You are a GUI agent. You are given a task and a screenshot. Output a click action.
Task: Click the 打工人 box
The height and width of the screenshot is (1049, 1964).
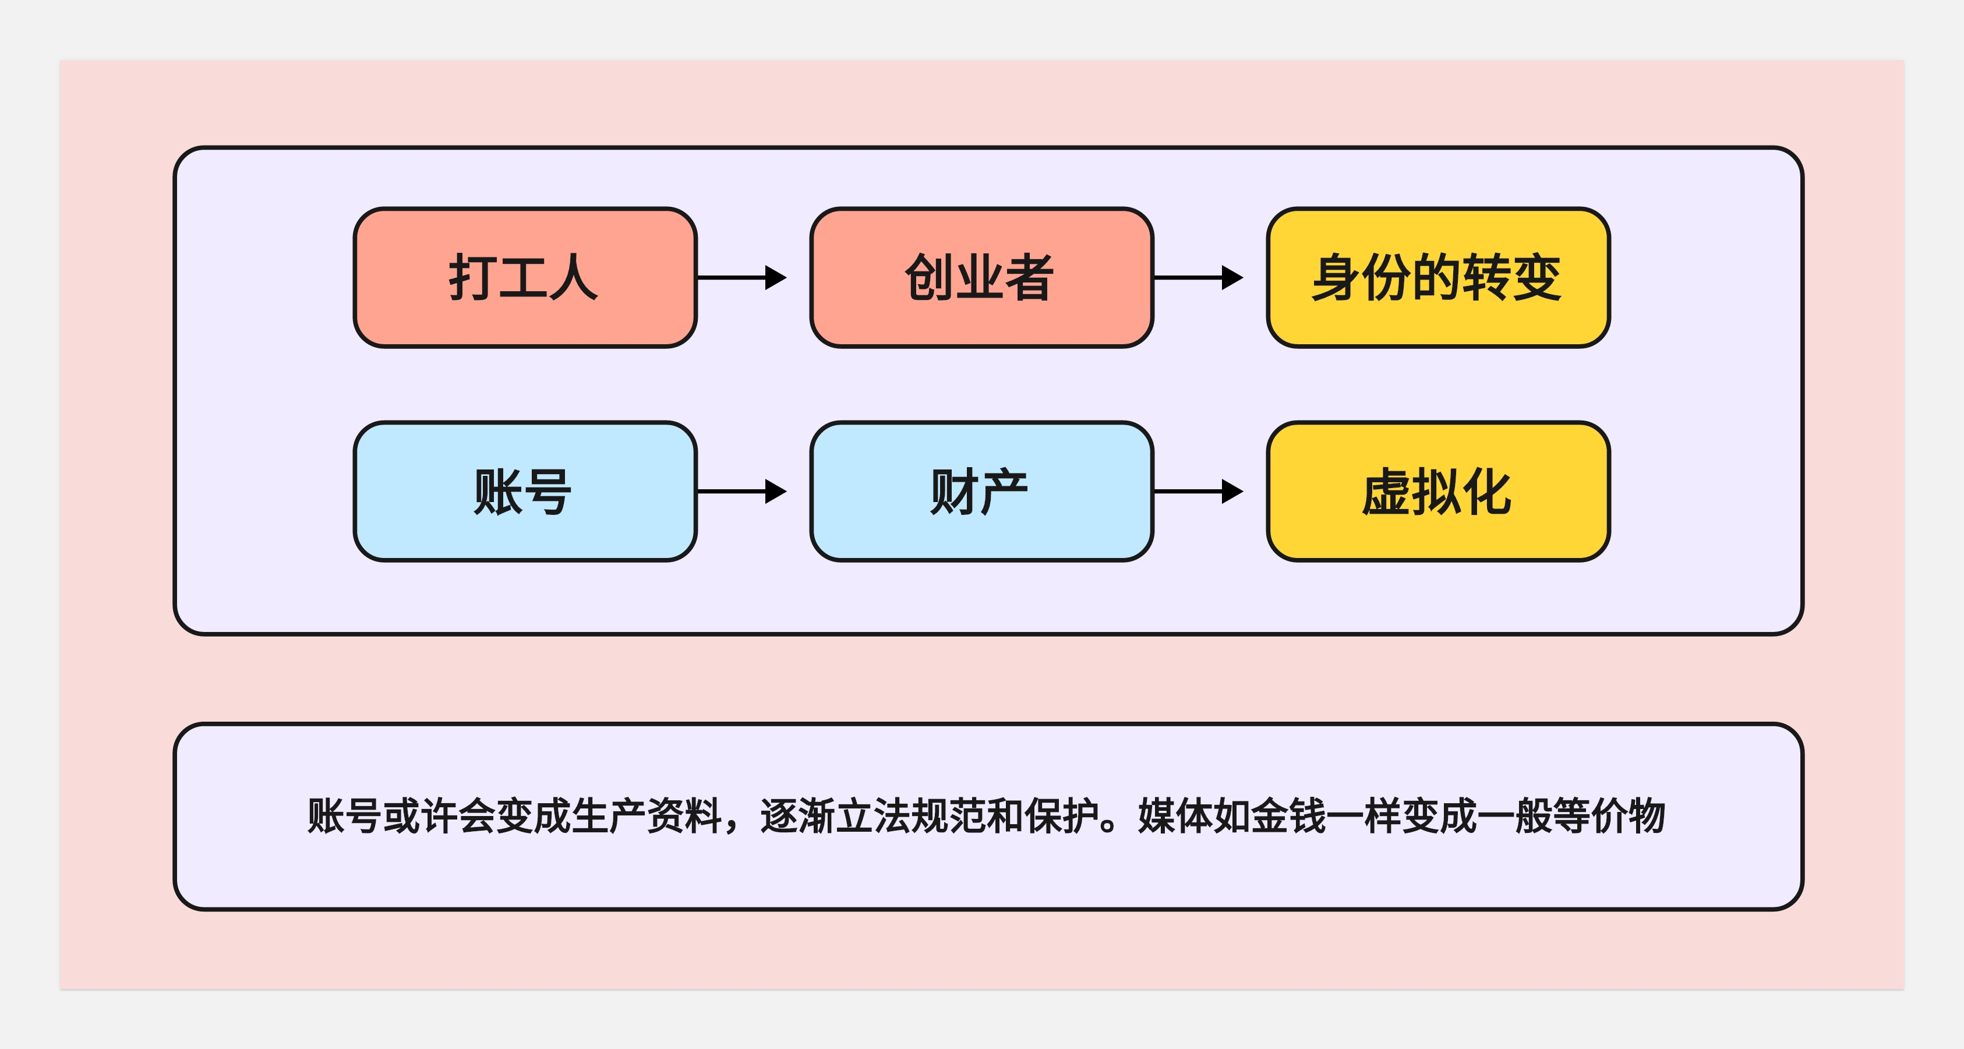tap(525, 277)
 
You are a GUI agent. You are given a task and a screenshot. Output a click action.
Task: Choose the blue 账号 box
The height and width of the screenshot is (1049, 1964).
tap(525, 492)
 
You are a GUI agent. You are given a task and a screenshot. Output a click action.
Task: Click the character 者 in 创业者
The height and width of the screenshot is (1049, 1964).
tap(1030, 277)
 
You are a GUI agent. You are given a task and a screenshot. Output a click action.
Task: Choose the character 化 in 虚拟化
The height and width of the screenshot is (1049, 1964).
tap(1487, 492)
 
